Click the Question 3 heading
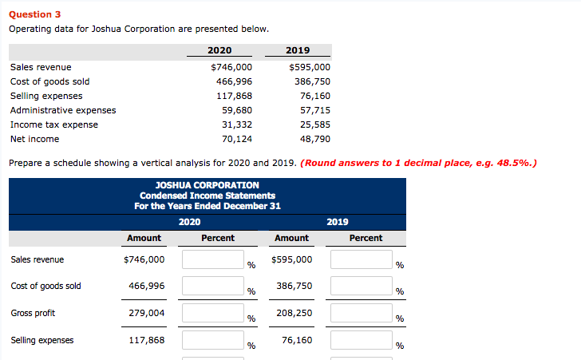34,14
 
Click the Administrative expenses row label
63,110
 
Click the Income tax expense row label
54,125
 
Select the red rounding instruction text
418,163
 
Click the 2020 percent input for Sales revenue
212,259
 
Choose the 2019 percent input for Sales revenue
362,259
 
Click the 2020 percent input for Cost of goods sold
212,286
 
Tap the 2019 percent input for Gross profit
362,313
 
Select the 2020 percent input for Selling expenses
212,340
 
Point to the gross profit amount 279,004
147,313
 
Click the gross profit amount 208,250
293,313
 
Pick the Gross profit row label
33,313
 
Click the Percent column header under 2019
366,238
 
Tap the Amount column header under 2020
144,238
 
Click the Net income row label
34,139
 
